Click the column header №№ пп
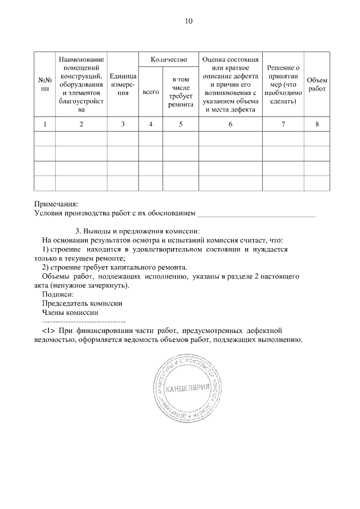tap(44, 84)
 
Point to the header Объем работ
tap(317, 84)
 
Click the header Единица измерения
tap(123, 84)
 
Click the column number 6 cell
tap(231, 124)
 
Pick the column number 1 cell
tap(44, 124)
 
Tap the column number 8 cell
tap(317, 124)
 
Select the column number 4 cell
tap(151, 124)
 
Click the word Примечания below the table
tap(56, 204)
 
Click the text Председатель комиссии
tap(82, 303)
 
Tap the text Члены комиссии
tap(70, 312)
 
